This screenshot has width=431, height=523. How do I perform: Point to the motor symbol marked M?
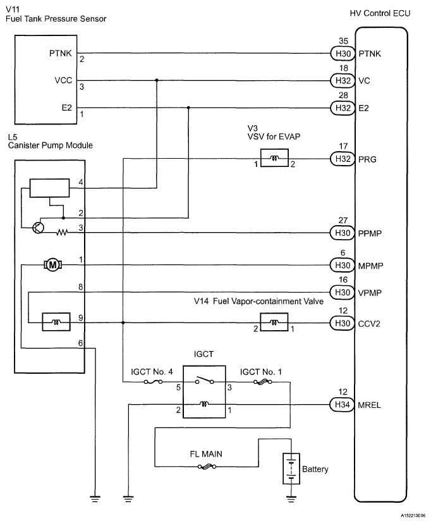coord(51,265)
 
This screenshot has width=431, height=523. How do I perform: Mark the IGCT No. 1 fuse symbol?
coord(261,382)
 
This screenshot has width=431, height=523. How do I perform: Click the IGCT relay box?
coord(204,392)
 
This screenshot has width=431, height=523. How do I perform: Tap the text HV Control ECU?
coord(376,13)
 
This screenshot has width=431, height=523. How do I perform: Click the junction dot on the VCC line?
coord(156,81)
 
